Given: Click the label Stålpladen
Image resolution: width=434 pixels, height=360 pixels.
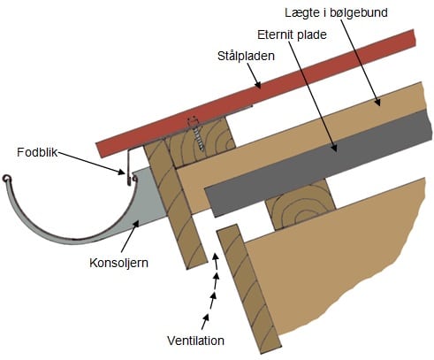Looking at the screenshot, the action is click(246, 56).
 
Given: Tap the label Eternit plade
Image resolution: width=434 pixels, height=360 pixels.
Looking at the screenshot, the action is click(292, 34).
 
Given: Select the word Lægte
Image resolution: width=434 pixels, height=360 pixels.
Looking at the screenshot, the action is click(301, 13).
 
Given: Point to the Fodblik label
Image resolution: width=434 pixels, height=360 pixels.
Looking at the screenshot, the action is click(37, 152).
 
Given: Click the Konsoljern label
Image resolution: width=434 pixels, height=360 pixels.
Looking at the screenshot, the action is click(118, 263).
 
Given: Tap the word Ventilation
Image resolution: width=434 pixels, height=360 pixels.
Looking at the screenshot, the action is click(195, 341).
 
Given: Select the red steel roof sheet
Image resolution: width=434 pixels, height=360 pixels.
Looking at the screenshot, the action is click(255, 94).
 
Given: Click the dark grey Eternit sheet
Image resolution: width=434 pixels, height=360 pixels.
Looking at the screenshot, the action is click(318, 164).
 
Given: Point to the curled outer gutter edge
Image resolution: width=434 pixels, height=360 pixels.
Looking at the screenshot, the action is click(6, 179).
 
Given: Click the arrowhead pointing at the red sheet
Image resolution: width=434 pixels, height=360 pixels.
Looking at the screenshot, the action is click(257, 84).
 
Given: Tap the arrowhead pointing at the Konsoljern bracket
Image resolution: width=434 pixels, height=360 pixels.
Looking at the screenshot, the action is click(136, 225).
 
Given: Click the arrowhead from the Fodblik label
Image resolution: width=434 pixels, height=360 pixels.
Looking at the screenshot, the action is click(121, 172).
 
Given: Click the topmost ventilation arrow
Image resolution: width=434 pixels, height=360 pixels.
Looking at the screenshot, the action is click(216, 260).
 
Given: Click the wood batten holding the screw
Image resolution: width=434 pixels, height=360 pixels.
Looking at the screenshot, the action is click(201, 140).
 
